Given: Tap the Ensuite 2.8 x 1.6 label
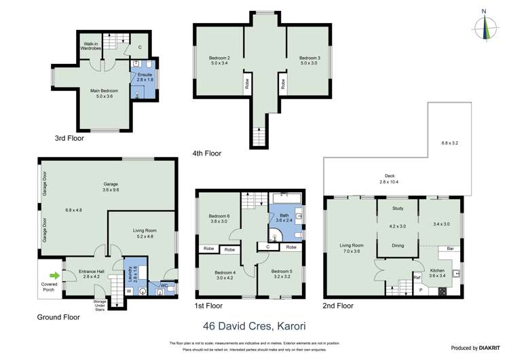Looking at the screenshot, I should (146, 77).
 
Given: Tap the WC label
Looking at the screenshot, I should (163, 285).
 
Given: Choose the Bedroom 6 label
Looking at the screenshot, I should (219, 219).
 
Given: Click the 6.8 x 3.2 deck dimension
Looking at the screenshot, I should (450, 143).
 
